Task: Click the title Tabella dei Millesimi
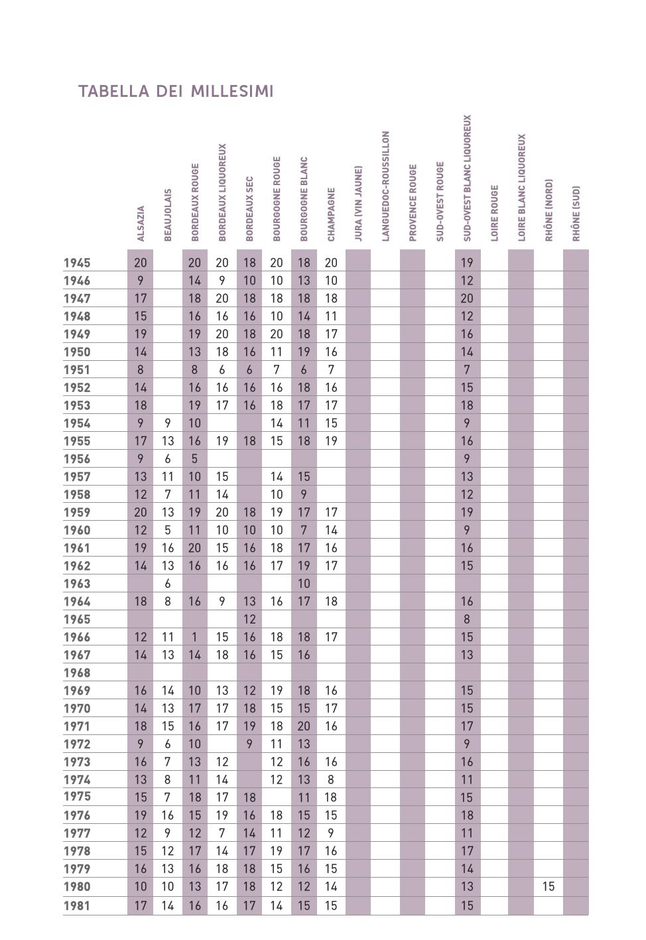coord(176,92)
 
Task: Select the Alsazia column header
coord(141,224)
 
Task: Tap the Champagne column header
coord(331,214)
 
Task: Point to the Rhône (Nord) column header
coord(549,210)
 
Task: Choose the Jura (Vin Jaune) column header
coord(358,203)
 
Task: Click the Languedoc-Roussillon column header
coord(385,186)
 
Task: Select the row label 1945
coord(77,263)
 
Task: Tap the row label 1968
coord(77,673)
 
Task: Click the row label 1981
coord(77,906)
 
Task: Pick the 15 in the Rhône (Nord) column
coord(549,887)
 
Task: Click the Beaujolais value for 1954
coord(168,423)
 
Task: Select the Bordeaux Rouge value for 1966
coord(195,638)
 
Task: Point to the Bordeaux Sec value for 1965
coord(249,620)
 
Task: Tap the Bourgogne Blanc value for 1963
coord(304,584)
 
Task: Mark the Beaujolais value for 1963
coord(168,584)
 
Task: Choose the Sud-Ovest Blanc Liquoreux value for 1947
coord(467,299)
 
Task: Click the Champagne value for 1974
coord(331,780)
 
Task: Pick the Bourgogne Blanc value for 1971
coord(304,726)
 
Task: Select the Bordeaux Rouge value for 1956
coord(195,459)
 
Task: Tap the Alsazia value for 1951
coord(141,370)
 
